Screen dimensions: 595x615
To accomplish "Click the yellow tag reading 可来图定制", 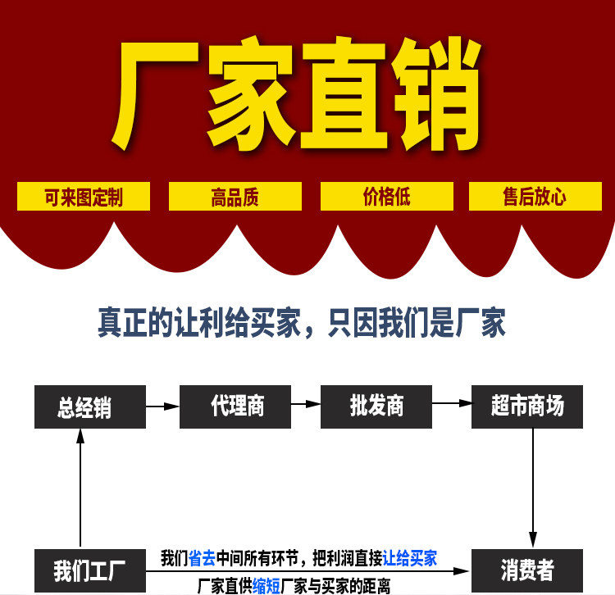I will (x=84, y=197).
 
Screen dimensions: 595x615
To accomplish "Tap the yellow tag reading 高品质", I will (x=235, y=197).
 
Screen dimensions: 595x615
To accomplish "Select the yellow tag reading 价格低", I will (x=386, y=197).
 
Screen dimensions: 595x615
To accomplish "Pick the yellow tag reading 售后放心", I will (x=534, y=197).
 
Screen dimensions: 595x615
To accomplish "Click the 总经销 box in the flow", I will (x=89, y=407).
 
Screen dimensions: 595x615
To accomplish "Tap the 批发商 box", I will (x=376, y=405).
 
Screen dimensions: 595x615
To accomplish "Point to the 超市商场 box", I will (x=527, y=405).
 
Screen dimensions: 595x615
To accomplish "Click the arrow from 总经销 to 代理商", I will (x=162, y=406).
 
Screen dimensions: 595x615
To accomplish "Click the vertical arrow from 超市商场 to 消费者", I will (x=534, y=484).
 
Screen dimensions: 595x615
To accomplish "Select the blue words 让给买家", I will (x=410, y=559).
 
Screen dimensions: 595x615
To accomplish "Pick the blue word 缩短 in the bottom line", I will (x=266, y=585).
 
